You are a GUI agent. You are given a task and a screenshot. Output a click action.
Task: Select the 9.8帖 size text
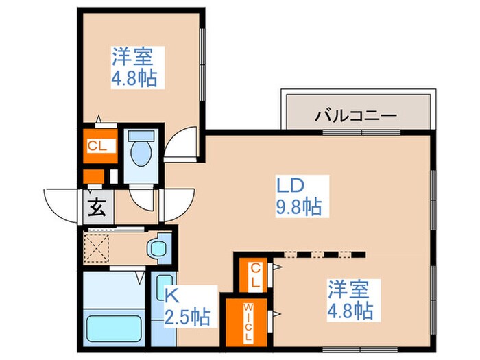pyautogui.click(x=299, y=206)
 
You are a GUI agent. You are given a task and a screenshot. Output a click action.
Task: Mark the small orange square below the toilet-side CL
pyautogui.click(x=93, y=176)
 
